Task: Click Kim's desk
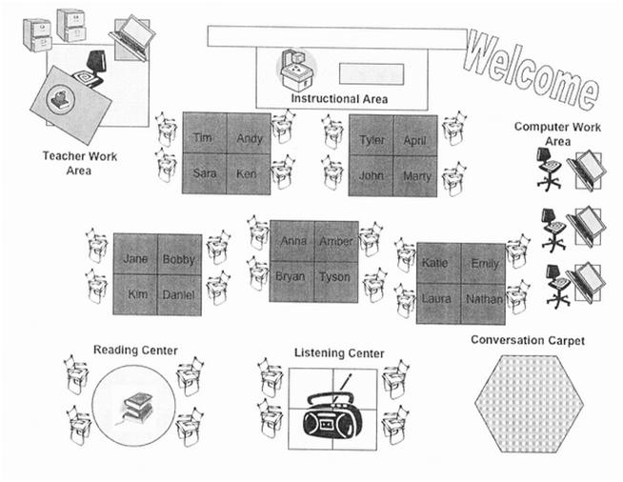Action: [135, 294]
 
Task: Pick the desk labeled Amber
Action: [335, 241]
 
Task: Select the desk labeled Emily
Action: [483, 263]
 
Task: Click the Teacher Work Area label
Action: [80, 163]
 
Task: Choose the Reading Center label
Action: [134, 350]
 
